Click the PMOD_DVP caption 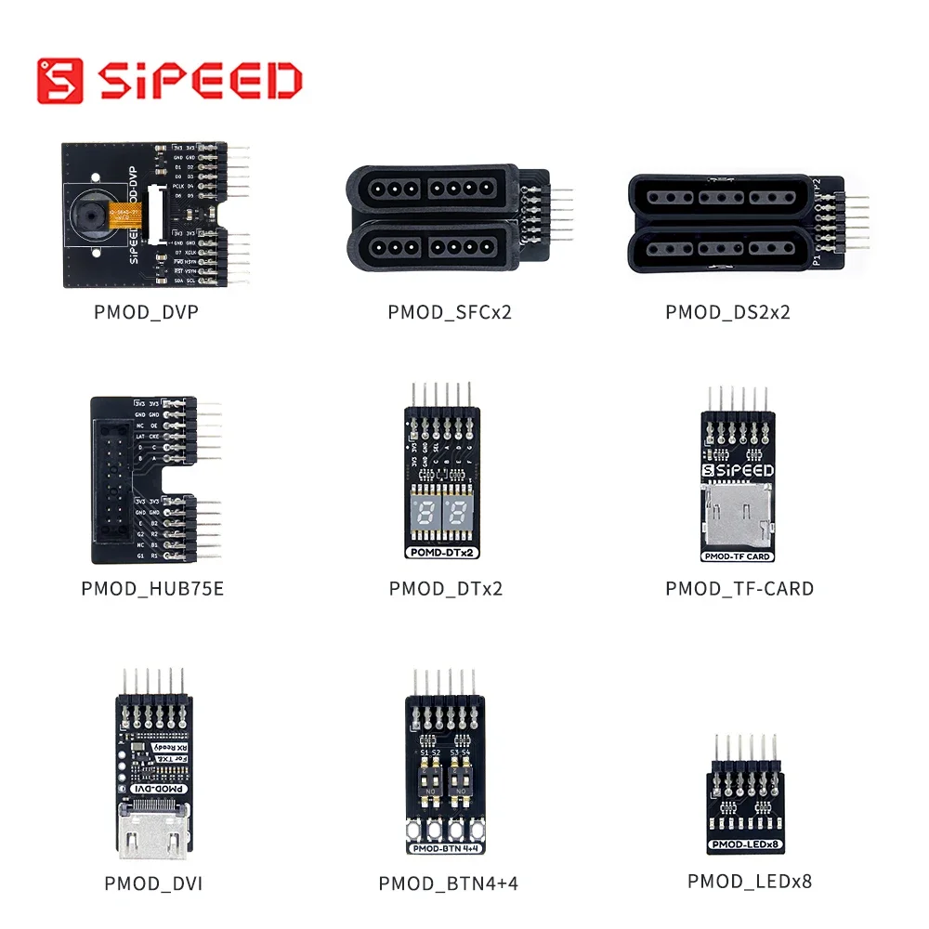tap(146, 312)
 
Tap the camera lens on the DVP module tap(91, 216)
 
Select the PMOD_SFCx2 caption tap(450, 312)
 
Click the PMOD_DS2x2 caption tap(727, 312)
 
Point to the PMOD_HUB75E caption tap(152, 589)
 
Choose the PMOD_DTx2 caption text tap(446, 589)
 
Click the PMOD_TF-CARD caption tap(739, 589)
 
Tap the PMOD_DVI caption tap(153, 883)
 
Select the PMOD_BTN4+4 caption tap(448, 883)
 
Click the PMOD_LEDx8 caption tap(750, 881)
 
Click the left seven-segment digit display tap(426, 514)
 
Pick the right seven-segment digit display tap(459, 514)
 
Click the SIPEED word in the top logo tap(200, 81)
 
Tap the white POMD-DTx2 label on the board tap(442, 552)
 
